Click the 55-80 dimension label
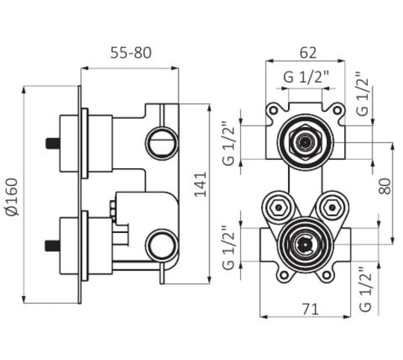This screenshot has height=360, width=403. (131, 53)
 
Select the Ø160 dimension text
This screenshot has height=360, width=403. (13, 197)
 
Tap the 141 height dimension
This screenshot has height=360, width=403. (201, 184)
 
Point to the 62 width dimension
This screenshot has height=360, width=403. (308, 53)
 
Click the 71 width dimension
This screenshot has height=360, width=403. (310, 309)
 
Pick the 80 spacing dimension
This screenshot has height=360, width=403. (385, 186)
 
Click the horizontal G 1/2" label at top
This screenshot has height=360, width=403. (306, 77)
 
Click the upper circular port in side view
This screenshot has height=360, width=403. (162, 143)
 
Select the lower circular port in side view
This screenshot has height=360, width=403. (162, 244)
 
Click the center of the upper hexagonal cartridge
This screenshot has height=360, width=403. (305, 142)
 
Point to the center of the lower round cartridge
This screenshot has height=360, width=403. (305, 244)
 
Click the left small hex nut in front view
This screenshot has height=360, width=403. (278, 207)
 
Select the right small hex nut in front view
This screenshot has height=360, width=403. (332, 207)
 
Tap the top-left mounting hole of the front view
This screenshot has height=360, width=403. (273, 111)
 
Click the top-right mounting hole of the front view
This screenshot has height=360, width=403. (337, 111)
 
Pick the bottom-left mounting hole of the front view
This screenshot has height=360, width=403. (284, 275)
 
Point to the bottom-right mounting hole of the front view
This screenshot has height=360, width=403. (326, 275)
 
